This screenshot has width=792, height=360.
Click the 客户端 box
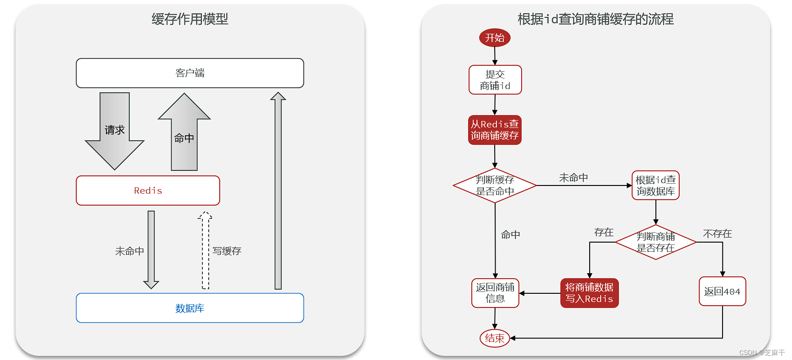(190, 73)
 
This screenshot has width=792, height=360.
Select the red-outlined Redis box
(148, 191)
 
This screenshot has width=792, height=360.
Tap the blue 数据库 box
(190, 308)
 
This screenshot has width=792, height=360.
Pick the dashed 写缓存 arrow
(206, 250)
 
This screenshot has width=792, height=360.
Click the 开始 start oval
(495, 37)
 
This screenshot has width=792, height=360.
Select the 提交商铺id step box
(495, 80)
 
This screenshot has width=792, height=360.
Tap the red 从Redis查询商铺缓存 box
(495, 130)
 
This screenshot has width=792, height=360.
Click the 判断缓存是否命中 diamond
(495, 185)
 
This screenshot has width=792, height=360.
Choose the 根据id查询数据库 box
(655, 185)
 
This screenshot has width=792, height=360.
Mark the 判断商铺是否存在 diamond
(655, 242)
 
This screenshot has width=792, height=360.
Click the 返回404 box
(722, 291)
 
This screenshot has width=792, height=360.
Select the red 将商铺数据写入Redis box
(589, 293)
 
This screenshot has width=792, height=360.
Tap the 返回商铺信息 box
(495, 293)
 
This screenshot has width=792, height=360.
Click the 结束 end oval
(495, 338)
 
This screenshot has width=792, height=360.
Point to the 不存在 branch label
(717, 234)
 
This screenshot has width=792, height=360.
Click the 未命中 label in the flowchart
(573, 178)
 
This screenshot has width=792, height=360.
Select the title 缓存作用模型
(190, 19)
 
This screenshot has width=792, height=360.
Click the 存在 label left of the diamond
(603, 233)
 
